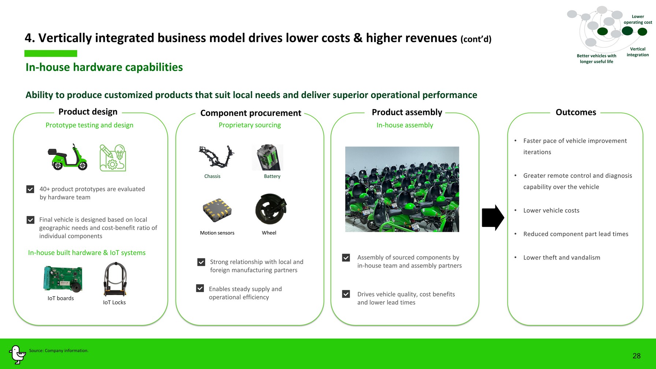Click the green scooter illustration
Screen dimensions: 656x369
[x=67, y=157]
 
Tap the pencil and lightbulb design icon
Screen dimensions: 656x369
[x=113, y=158]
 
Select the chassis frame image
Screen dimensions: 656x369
[x=216, y=156]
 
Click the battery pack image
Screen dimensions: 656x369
[x=268, y=157]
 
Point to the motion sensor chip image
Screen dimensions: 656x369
[x=217, y=210]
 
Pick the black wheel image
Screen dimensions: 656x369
[x=271, y=209]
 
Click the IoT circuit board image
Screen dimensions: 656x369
[x=63, y=279]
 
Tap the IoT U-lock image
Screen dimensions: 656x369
[x=115, y=279]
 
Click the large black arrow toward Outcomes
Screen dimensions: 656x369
[x=493, y=217]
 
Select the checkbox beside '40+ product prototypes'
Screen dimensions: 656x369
[x=30, y=189]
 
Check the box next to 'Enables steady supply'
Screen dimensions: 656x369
[x=200, y=288]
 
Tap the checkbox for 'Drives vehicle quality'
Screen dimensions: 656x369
[x=346, y=294]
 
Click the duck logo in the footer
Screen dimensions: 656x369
[x=17, y=354]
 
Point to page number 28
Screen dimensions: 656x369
[x=637, y=356]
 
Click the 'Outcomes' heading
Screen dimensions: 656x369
[x=576, y=112]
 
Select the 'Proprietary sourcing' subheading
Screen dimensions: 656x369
[x=250, y=125]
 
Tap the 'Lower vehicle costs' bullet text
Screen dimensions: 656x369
[x=551, y=210]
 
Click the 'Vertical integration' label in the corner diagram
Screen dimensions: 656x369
[x=638, y=52]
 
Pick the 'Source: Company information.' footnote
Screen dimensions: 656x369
[x=59, y=351]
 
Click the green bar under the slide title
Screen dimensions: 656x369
[x=51, y=53]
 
